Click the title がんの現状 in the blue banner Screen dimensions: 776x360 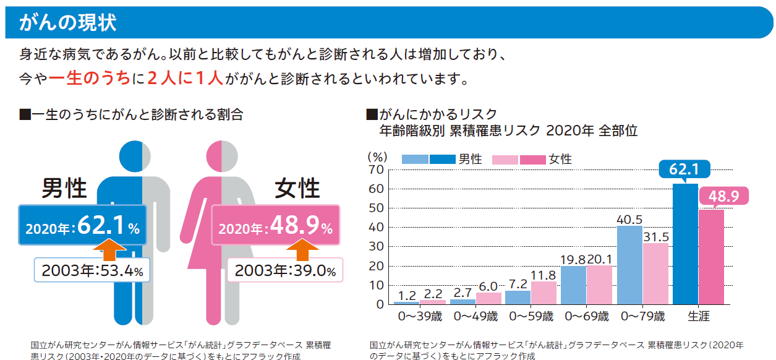coord(67,23)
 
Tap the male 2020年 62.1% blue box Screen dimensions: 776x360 coord(82,225)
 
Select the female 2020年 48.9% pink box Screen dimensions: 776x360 coord(276,225)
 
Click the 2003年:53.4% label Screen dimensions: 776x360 coord(92,270)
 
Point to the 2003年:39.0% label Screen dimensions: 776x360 coord(285,270)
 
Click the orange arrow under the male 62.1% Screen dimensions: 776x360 coord(109,249)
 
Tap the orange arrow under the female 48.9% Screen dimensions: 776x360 coord(303,249)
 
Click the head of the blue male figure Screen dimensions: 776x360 coord(135,156)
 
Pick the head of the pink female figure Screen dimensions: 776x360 coord(222,156)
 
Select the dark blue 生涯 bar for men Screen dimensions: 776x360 coord(685,244)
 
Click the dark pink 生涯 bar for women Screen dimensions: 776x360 coord(711,257)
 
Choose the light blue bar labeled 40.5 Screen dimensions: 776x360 coord(629,265)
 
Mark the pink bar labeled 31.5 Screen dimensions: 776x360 coord(656,274)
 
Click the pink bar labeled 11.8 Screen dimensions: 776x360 coord(544,293)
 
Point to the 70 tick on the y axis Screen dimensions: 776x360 coord(376,169)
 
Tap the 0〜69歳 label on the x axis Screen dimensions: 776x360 coord(587,316)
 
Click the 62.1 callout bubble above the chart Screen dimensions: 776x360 coord(684,169)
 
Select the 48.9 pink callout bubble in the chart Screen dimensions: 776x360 coord(723,196)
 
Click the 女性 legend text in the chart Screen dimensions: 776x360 coord(560,160)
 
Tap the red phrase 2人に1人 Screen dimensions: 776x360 coord(185,78)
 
